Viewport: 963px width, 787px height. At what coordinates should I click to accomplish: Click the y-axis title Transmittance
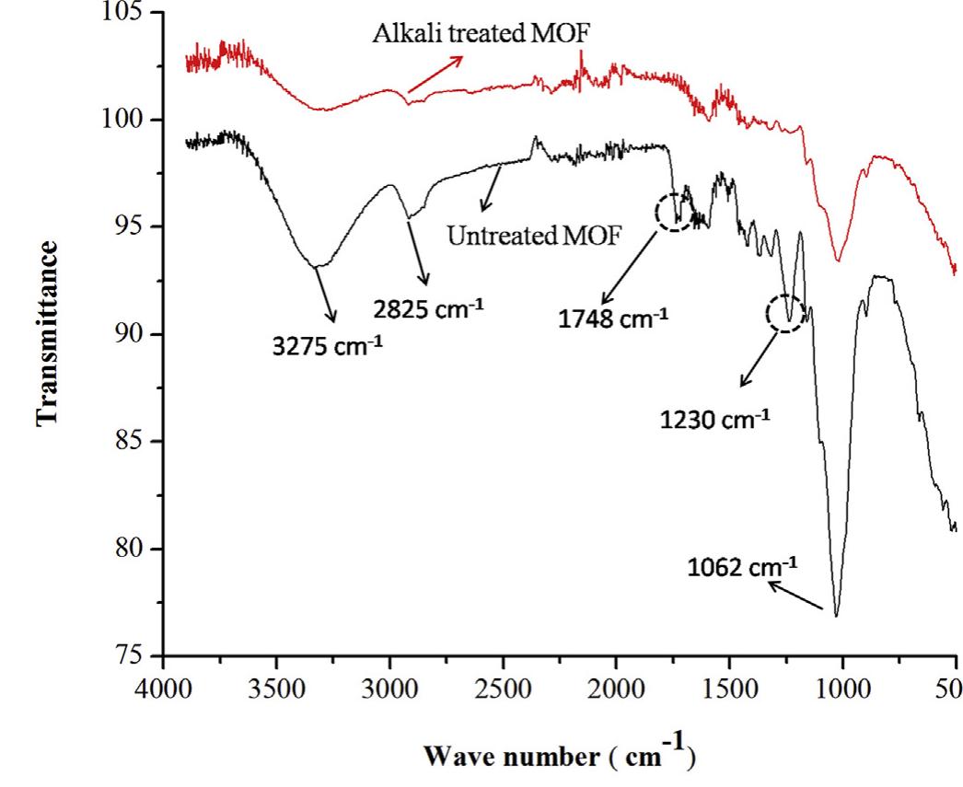(50, 333)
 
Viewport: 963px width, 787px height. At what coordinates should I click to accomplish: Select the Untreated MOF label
(535, 236)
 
